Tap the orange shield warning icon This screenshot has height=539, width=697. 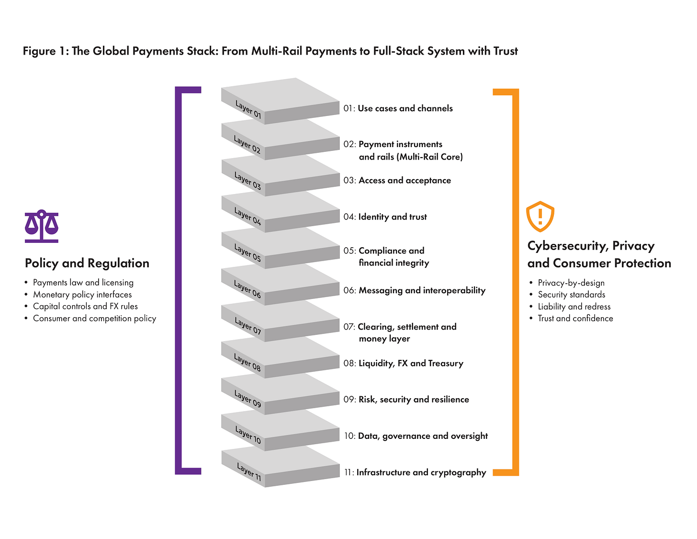(540, 216)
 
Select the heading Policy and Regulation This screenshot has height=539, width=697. (87, 263)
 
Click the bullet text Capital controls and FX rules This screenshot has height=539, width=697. (85, 306)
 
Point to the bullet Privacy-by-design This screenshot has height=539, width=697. (571, 283)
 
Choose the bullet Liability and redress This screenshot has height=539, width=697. (574, 307)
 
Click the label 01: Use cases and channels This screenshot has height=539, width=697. (398, 108)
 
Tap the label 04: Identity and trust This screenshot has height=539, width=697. (385, 217)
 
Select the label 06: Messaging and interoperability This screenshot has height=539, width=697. (414, 290)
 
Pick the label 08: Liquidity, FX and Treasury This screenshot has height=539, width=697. (403, 363)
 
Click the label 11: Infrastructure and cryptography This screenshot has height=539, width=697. (415, 472)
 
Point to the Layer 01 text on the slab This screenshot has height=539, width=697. (248, 109)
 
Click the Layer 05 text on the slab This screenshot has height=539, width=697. (247, 252)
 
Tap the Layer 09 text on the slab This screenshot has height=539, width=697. (247, 399)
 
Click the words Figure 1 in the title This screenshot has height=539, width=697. (45, 51)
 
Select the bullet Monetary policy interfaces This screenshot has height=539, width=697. (82, 295)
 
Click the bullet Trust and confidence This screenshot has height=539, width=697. (575, 318)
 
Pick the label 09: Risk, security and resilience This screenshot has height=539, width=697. (406, 400)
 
